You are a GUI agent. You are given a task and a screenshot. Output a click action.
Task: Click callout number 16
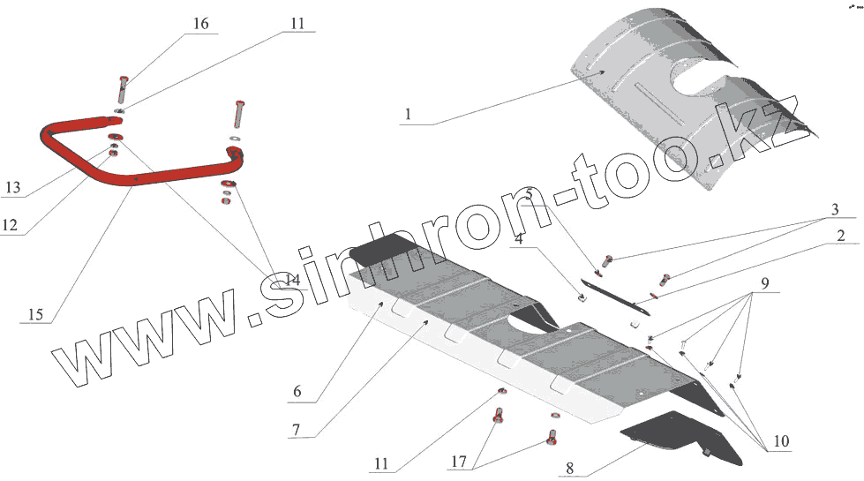tap(201, 24)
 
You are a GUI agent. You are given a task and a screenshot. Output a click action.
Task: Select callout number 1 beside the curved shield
tap(408, 115)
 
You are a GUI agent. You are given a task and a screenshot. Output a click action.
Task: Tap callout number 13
tap(12, 188)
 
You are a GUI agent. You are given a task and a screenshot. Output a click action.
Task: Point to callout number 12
tap(10, 225)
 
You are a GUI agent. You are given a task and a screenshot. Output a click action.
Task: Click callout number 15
tap(34, 312)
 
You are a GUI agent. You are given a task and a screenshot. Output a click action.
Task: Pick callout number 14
tap(292, 280)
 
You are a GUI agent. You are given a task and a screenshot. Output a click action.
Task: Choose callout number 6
tap(296, 391)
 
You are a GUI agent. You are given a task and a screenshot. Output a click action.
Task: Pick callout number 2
tap(841, 236)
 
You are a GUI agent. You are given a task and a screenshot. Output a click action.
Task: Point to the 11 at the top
tap(297, 24)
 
